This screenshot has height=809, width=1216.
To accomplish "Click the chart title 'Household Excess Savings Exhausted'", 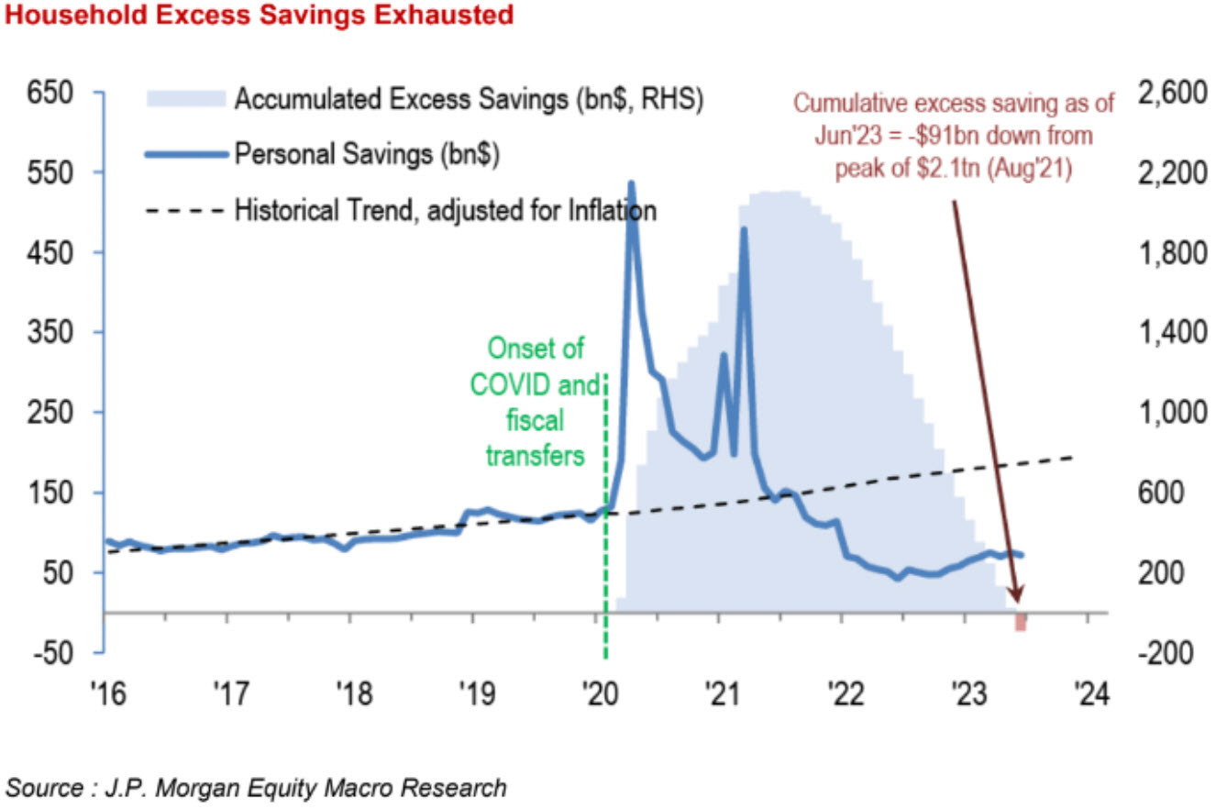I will tap(258, 16).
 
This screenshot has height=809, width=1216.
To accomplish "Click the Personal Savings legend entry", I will tap(366, 153).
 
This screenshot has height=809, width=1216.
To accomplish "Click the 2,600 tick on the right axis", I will tap(1167, 94).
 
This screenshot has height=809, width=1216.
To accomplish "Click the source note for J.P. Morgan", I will tap(257, 787).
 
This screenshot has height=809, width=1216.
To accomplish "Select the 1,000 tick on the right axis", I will tap(1167, 413).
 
